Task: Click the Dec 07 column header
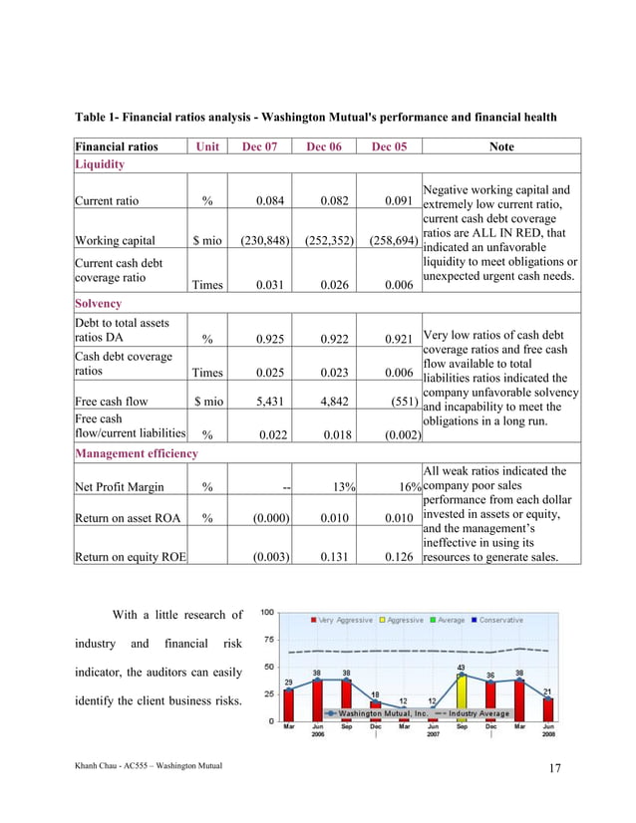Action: click(x=259, y=146)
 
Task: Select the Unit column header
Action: click(x=206, y=146)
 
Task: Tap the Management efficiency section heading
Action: click(x=136, y=453)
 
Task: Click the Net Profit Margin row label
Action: click(x=118, y=488)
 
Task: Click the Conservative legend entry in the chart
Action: click(x=497, y=620)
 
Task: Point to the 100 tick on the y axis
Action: click(x=268, y=613)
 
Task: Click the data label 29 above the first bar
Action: click(x=288, y=683)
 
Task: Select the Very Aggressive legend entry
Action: click(x=343, y=620)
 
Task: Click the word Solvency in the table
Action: click(x=98, y=302)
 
